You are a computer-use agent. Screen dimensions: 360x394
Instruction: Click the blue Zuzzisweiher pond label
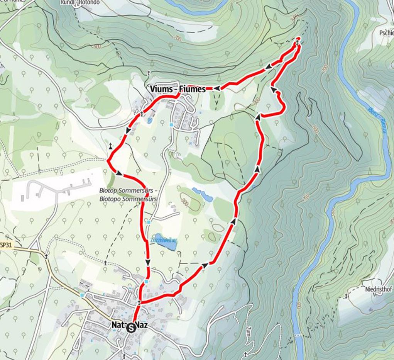click(164, 240)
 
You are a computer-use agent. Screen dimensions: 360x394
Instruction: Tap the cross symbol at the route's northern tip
click(298, 40)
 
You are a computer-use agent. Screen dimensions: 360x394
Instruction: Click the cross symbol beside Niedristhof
click(346, 296)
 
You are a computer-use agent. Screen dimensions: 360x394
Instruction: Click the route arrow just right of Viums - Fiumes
click(217, 88)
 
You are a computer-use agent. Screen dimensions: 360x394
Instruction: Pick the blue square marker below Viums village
click(171, 125)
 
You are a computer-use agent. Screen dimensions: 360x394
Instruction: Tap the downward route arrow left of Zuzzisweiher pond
click(148, 263)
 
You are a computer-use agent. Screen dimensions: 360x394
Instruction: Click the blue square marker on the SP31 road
click(82, 295)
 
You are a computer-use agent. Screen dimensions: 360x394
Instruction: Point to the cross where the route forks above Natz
click(139, 302)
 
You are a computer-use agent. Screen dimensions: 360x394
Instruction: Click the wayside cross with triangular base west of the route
click(111, 146)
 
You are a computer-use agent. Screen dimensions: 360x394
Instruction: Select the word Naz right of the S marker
click(142, 326)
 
